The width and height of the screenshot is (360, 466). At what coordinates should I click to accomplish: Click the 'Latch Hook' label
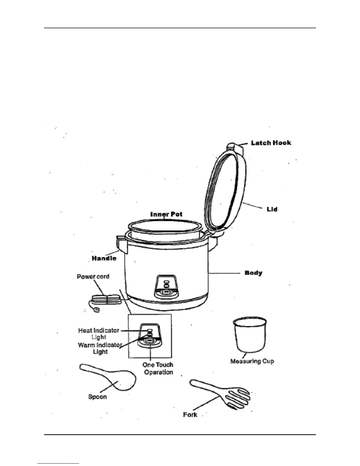271,143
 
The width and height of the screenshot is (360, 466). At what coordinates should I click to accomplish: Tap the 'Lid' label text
272,209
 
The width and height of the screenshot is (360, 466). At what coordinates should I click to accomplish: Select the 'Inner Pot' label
166,214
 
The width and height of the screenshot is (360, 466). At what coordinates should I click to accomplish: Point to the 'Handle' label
104,258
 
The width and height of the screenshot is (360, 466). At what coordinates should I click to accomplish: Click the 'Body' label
253,273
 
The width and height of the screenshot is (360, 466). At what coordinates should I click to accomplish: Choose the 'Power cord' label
93,277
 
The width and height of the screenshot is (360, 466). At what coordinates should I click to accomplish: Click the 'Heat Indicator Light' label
99,334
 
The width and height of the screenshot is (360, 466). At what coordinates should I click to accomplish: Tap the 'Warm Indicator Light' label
100,348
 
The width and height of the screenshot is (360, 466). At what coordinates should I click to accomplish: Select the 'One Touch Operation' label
158,368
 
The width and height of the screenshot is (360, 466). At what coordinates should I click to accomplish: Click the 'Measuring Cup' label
252,361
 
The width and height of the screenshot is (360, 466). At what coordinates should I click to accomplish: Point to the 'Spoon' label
97,397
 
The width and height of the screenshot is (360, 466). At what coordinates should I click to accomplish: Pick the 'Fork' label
190,415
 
